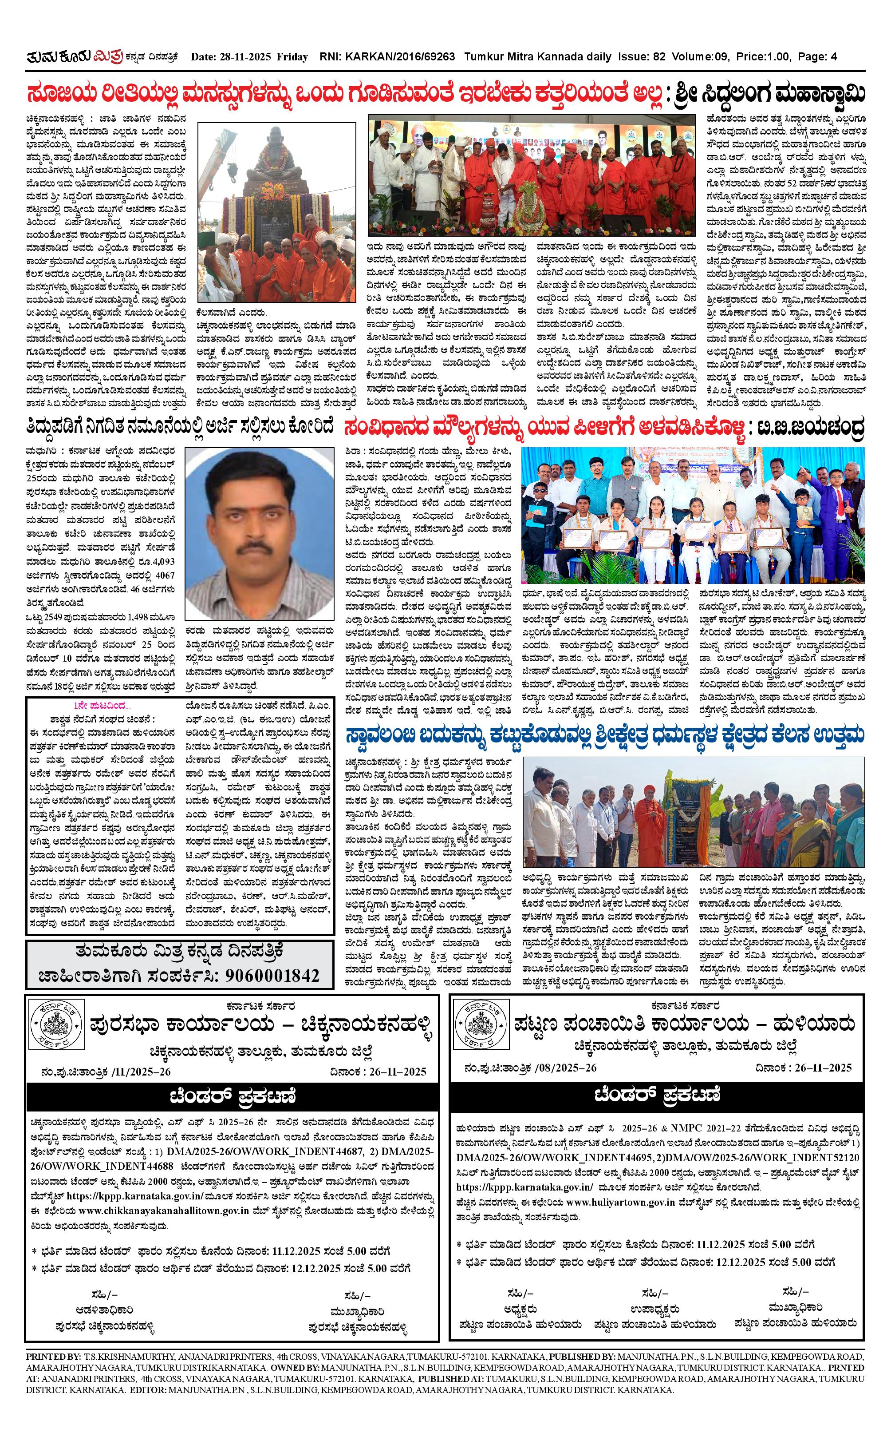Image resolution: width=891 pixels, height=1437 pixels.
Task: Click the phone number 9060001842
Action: tap(272, 975)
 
